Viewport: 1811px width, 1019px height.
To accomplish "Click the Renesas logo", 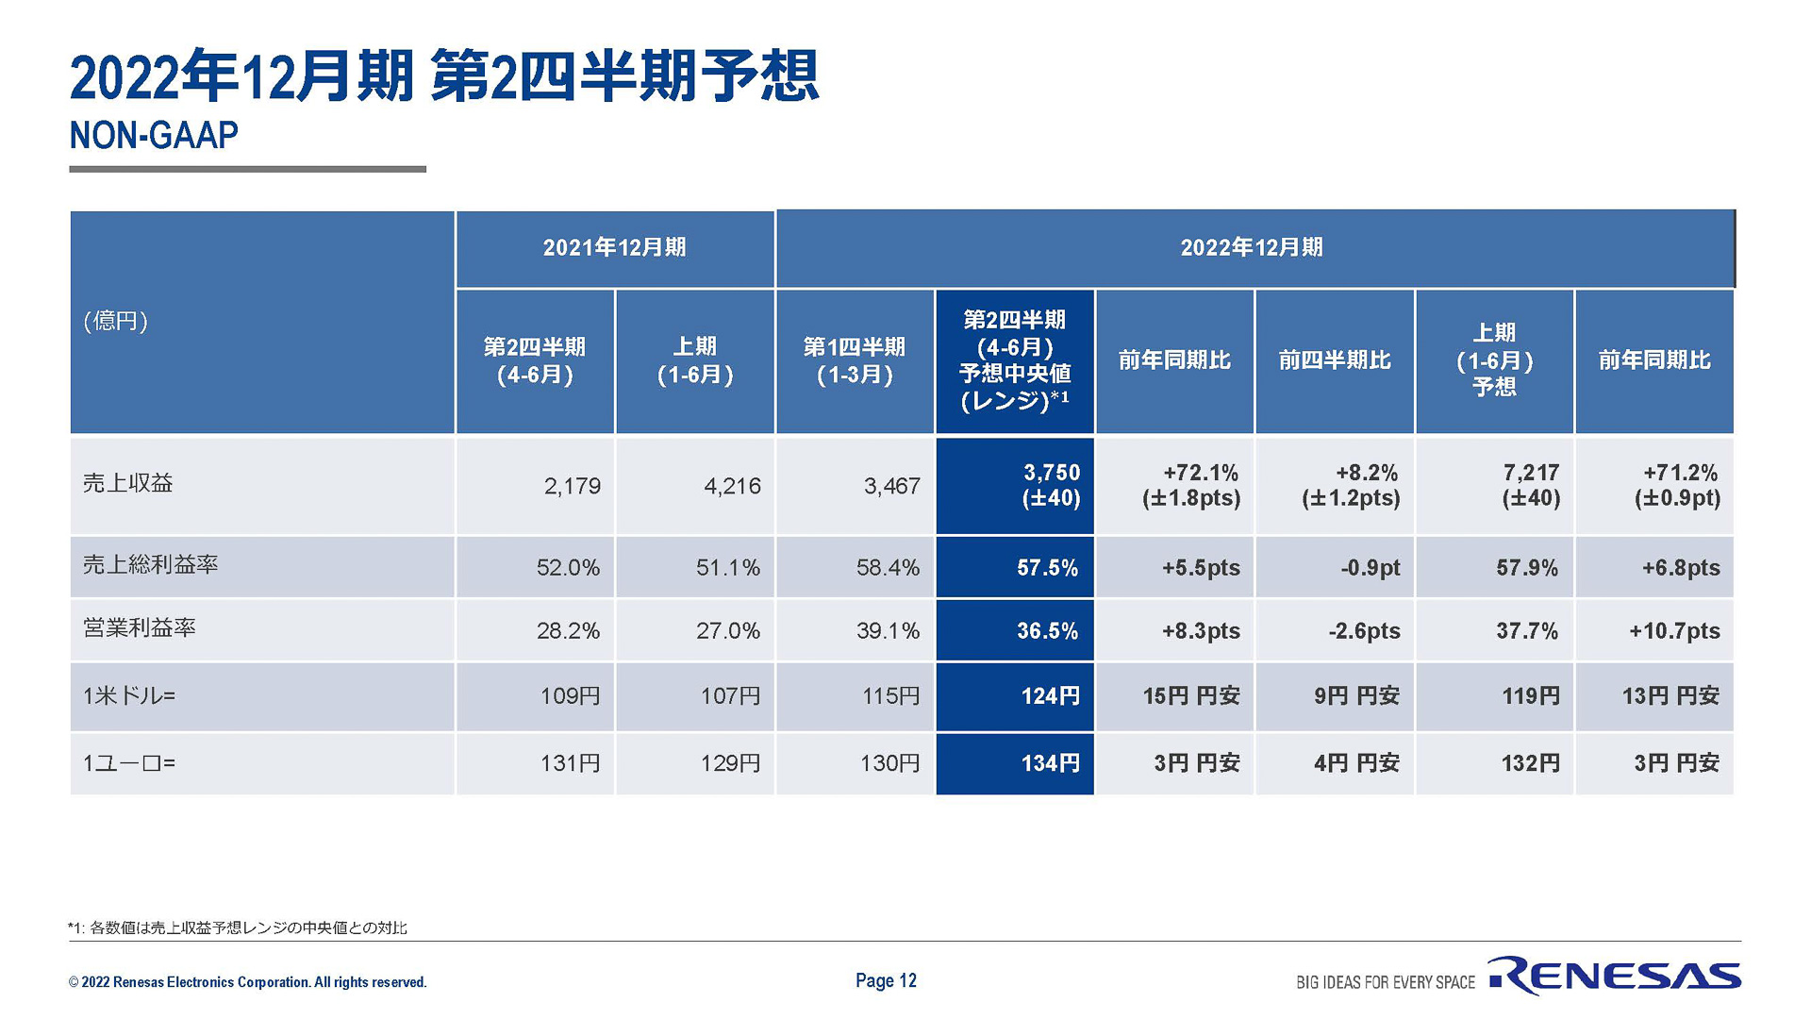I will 1614,976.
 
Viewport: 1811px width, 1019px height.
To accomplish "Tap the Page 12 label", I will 886,980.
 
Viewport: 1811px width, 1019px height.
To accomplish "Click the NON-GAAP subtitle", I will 154,136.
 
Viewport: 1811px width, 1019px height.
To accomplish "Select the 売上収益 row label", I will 128,484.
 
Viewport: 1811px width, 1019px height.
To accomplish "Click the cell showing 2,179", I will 572,486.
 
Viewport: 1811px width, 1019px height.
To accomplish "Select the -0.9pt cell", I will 1370,568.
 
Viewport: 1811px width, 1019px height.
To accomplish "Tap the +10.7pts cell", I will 1673,631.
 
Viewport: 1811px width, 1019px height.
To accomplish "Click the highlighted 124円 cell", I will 1049,696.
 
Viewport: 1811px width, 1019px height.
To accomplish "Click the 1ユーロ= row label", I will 129,763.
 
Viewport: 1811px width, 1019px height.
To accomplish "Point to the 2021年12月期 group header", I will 615,248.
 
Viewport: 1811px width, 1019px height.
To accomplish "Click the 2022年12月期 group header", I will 1252,248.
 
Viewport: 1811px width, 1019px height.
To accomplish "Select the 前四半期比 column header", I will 1334,360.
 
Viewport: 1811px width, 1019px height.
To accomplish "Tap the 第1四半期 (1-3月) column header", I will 855,360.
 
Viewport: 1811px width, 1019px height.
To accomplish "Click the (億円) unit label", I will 115,321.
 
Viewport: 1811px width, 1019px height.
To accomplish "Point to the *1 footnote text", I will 238,928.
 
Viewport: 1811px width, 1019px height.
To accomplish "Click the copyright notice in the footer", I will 247,982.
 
